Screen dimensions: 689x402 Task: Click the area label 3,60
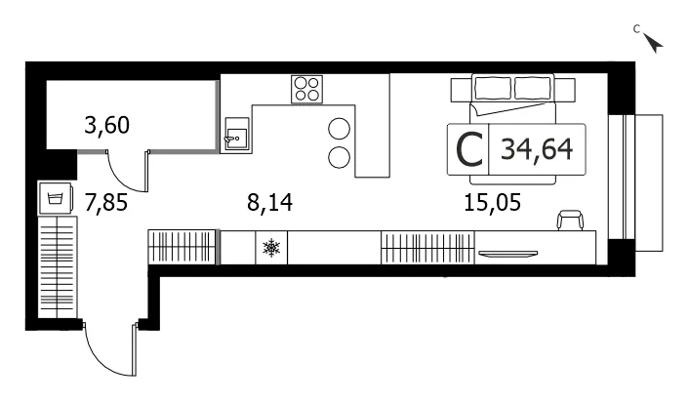(x=106, y=125)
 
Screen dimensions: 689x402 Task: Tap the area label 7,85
(x=106, y=203)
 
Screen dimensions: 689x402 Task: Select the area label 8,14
(x=269, y=203)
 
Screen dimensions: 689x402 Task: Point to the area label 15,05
(x=492, y=203)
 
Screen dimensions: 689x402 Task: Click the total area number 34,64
(x=537, y=149)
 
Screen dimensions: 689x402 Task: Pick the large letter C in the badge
(x=469, y=150)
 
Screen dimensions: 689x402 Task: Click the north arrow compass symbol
(x=654, y=43)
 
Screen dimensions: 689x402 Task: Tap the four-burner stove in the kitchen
(x=306, y=89)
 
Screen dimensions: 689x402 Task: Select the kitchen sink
(x=236, y=135)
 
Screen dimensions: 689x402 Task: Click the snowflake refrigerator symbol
(x=271, y=248)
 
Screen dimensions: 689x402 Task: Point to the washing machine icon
(x=56, y=198)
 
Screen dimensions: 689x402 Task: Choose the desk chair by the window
(x=570, y=221)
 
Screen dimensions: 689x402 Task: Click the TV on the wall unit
(x=507, y=253)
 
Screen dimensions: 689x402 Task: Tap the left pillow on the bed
(x=493, y=89)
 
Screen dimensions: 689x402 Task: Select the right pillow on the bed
(x=533, y=89)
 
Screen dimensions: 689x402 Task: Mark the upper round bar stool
(x=340, y=129)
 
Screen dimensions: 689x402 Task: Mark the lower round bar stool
(x=340, y=157)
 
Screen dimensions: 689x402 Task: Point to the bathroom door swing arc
(x=119, y=181)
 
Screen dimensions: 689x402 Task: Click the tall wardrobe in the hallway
(x=58, y=267)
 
